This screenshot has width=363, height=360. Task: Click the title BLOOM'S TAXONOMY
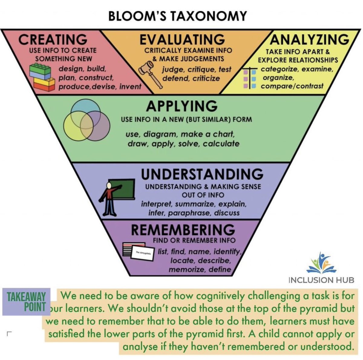pyautogui.click(x=177, y=16)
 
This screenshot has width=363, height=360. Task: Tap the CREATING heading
pyautogui.click(x=53, y=40)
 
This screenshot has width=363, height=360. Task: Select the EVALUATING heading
pyautogui.click(x=182, y=40)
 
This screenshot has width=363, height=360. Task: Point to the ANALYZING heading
pyautogui.click(x=309, y=39)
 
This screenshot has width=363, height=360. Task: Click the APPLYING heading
pyautogui.click(x=182, y=106)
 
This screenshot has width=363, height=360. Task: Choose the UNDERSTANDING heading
pyautogui.click(x=202, y=174)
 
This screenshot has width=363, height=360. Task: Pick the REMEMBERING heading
pyautogui.click(x=183, y=230)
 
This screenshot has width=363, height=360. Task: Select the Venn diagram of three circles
pyautogui.click(x=87, y=121)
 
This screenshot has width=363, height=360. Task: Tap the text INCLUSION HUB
pyautogui.click(x=321, y=280)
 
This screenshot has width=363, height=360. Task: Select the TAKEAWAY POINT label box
pyautogui.click(x=26, y=301)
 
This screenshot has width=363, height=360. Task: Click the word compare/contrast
pyautogui.click(x=292, y=86)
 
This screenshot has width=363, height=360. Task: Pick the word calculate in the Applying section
pyautogui.click(x=221, y=143)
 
